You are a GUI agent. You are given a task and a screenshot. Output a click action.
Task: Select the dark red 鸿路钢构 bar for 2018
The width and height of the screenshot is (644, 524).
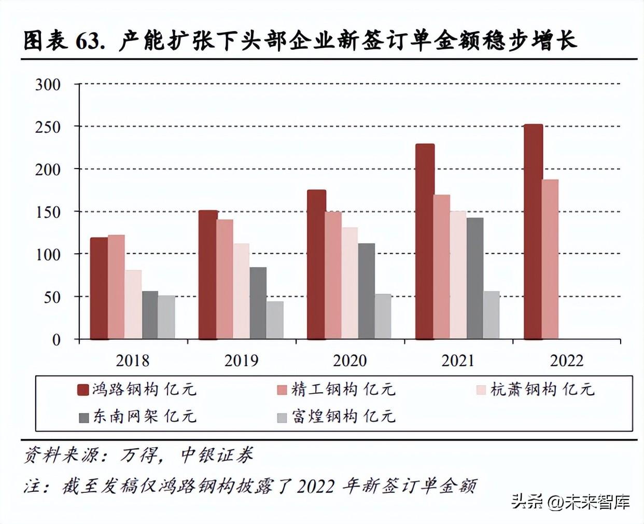tap(99, 288)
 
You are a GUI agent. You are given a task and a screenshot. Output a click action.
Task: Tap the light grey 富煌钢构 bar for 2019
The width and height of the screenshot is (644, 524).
tap(275, 320)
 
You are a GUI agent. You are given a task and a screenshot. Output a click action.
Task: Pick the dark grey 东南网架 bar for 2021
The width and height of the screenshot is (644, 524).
tap(474, 279)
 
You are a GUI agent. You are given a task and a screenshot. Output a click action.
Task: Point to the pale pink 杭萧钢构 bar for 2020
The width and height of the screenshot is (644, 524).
tap(349, 283)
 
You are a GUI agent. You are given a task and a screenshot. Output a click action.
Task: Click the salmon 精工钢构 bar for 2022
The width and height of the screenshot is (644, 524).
tap(550, 259)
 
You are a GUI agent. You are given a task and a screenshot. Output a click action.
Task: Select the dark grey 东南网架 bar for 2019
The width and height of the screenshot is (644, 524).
tap(258, 304)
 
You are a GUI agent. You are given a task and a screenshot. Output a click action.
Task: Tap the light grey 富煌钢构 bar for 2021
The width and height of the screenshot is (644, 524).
tap(491, 315)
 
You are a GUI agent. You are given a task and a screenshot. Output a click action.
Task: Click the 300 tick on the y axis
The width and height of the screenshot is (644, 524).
tap(48, 85)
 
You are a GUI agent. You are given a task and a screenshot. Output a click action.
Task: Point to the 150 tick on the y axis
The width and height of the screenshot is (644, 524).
tap(48, 212)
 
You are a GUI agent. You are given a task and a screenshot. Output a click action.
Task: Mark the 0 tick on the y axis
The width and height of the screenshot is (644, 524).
tap(56, 340)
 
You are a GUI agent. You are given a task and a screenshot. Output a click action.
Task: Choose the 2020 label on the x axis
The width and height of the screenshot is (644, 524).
tap(349, 361)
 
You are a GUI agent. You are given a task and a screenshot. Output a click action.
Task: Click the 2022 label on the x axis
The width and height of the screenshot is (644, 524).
tap(566, 361)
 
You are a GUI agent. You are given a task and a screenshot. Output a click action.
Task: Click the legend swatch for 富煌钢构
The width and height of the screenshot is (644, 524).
tap(282, 418)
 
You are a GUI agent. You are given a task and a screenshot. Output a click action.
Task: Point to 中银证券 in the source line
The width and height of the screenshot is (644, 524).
tap(217, 456)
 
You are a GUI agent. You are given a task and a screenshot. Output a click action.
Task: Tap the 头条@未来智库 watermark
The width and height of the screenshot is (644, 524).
tap(570, 502)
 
